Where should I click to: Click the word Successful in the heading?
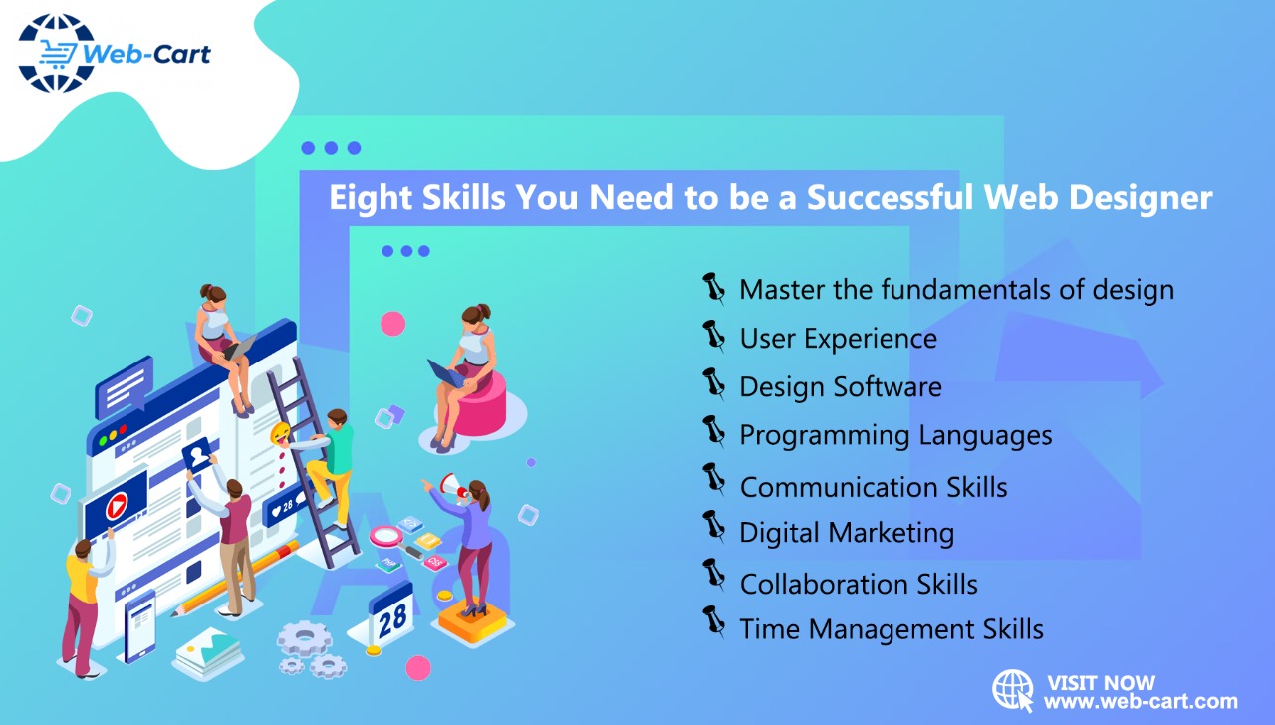(889, 197)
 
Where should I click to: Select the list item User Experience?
(838, 339)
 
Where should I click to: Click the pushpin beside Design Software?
(714, 383)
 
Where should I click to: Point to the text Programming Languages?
(895, 435)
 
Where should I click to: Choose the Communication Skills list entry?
(874, 487)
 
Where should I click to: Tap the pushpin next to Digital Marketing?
(714, 527)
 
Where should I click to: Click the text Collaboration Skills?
(859, 584)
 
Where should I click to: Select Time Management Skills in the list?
(892, 629)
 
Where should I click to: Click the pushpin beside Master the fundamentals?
(714, 287)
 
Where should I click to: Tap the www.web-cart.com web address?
(1141, 702)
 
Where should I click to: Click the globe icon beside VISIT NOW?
(1013, 689)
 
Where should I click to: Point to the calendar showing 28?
(391, 615)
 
